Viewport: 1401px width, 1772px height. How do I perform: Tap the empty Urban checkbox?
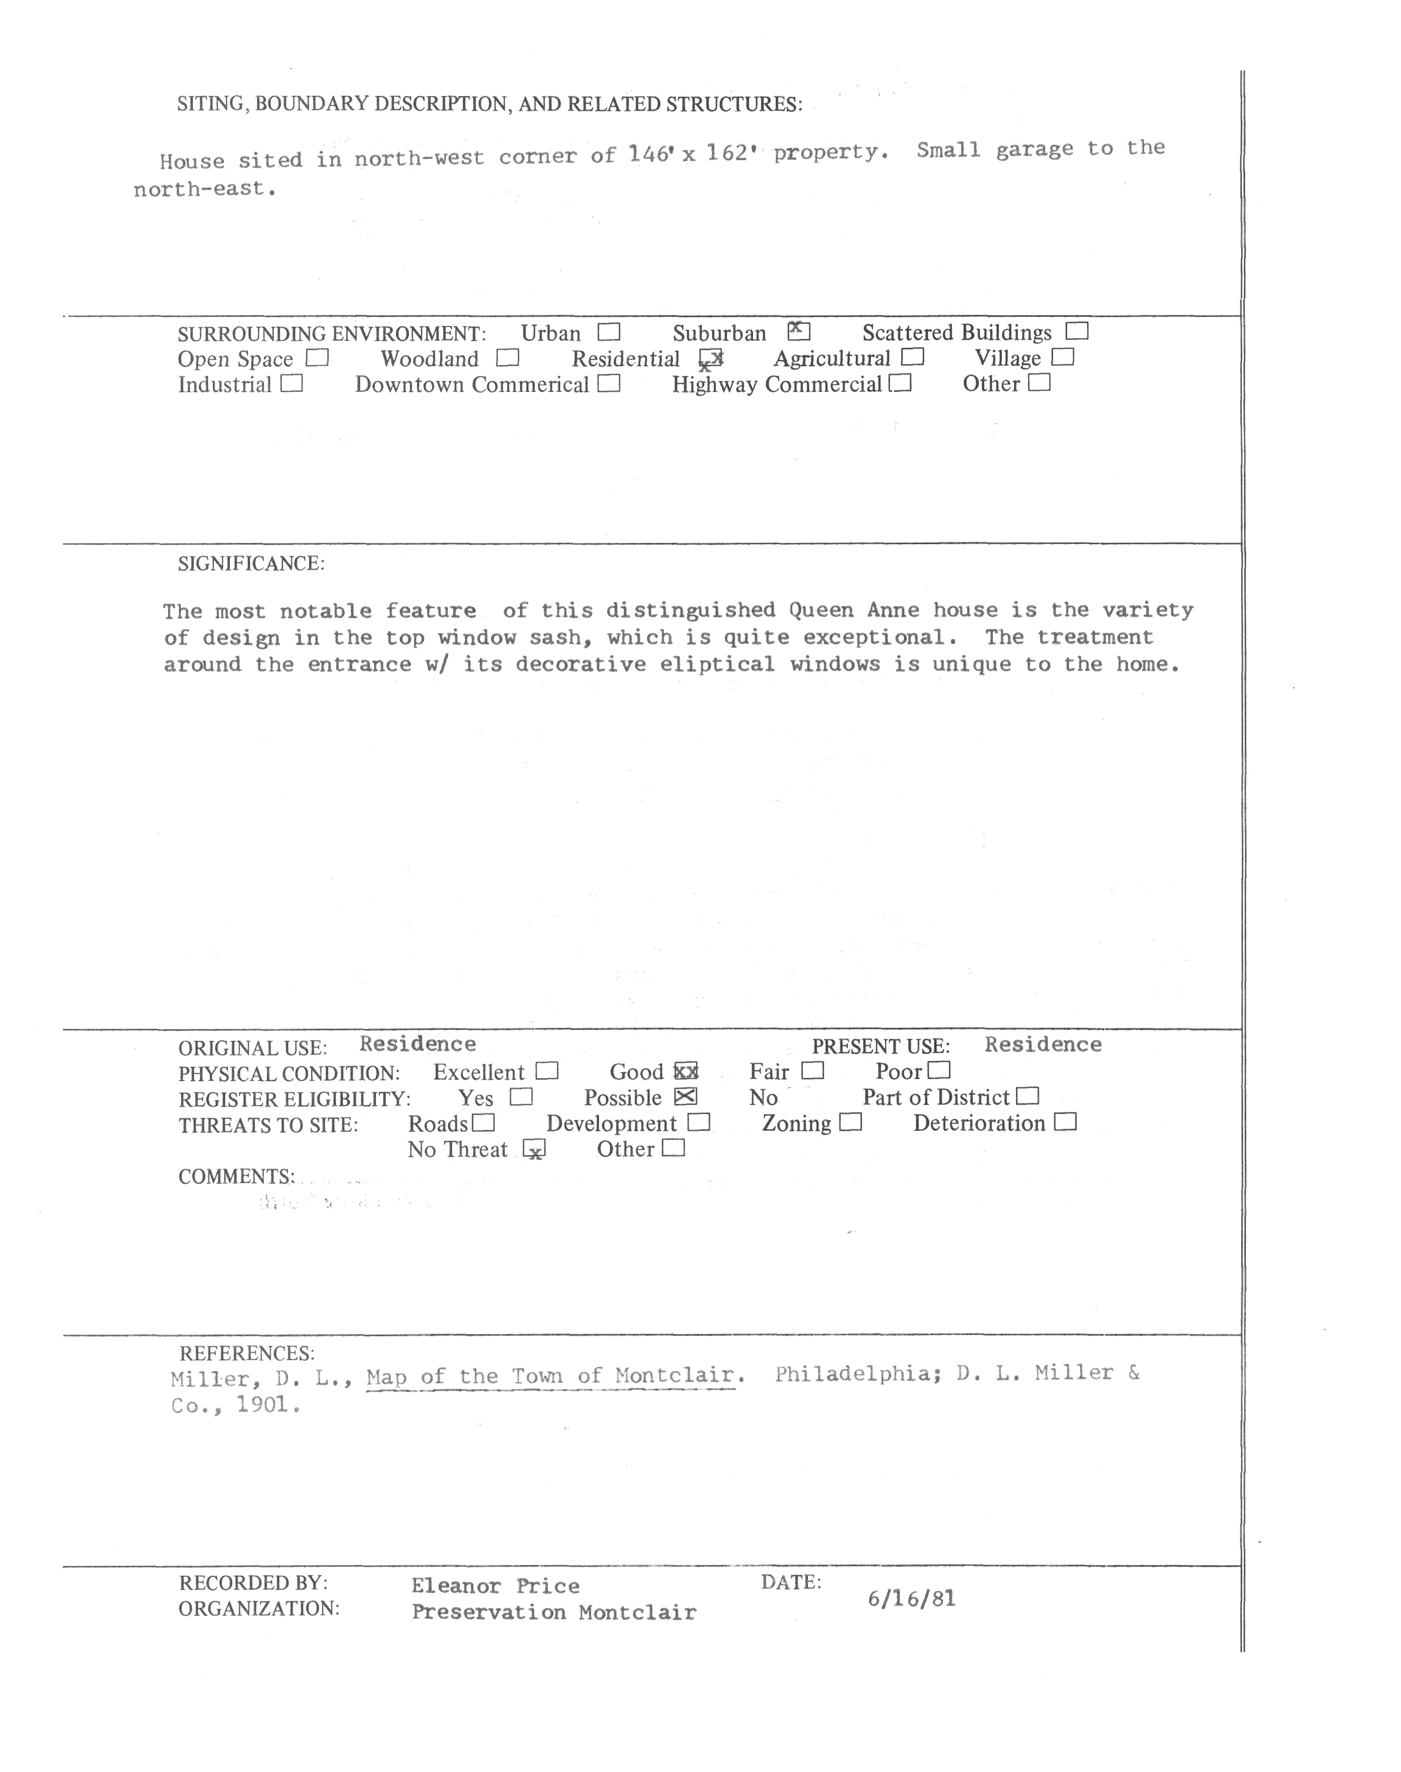[609, 332]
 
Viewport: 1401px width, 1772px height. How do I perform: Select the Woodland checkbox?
[508, 358]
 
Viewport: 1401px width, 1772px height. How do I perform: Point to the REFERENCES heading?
[247, 1353]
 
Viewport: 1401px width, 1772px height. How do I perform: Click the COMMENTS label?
[236, 1177]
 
